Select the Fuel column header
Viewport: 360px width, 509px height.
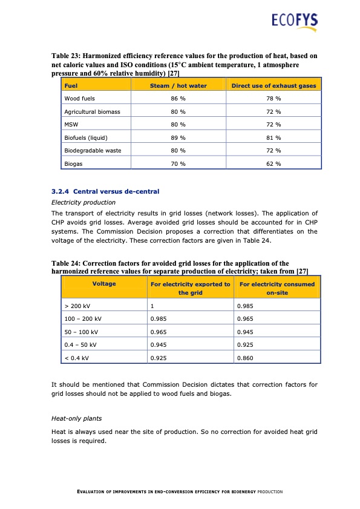[71, 86]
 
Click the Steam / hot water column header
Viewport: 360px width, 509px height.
[178, 86]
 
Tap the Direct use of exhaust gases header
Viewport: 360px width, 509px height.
[273, 86]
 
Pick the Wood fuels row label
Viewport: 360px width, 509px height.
[79, 98]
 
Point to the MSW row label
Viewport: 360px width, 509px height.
[71, 125]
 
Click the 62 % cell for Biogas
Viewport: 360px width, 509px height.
[273, 164]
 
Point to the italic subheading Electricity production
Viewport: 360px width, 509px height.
[83, 202]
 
